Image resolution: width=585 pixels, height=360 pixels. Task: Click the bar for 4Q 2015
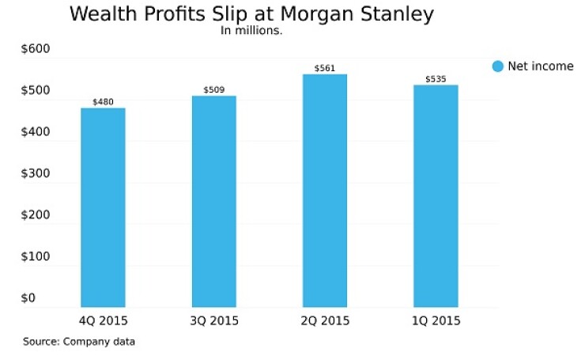(103, 207)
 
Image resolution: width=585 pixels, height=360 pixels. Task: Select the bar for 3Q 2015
(213, 201)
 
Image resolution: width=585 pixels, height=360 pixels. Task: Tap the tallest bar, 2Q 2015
(325, 190)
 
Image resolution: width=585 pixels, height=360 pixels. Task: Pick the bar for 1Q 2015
(436, 195)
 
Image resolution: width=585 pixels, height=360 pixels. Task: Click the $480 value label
(103, 102)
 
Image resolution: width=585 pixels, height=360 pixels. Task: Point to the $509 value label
(213, 90)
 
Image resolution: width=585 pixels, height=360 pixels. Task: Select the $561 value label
(325, 69)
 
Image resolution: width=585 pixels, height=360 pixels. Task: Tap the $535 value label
(436, 79)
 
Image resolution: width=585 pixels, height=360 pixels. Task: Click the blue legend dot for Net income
(497, 66)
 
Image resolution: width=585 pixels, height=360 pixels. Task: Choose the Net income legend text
(541, 66)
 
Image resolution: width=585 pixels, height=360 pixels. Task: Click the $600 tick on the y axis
(35, 49)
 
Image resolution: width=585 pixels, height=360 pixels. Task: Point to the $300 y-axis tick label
(35, 173)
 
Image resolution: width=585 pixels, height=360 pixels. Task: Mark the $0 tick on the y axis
(28, 297)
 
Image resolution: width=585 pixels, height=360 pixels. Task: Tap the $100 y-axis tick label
(35, 256)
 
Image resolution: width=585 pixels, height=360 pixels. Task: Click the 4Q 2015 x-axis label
(103, 321)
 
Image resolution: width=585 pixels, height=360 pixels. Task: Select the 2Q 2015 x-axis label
(325, 321)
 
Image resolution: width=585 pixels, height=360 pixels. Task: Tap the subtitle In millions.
(251, 32)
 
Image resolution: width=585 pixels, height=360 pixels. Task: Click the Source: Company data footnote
(79, 342)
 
